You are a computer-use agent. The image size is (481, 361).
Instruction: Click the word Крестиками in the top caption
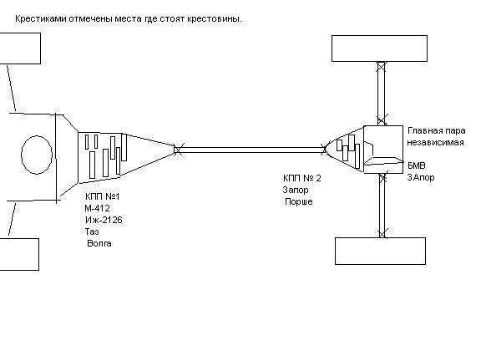40,19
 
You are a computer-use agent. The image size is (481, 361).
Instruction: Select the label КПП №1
103,196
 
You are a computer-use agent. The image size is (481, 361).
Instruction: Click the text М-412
97,208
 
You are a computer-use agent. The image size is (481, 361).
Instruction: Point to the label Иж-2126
104,220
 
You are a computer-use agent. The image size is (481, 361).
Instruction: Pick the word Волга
99,243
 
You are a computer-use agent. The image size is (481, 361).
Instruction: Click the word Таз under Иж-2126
92,231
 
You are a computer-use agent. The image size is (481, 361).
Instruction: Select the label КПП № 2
302,178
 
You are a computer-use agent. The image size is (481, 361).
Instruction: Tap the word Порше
299,201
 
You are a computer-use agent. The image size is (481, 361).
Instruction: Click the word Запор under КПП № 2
296,190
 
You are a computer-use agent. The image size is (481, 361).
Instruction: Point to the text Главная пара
436,131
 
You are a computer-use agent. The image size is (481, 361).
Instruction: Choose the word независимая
435,143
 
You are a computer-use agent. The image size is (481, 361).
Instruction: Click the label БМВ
416,165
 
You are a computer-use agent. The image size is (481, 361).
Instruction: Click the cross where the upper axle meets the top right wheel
382,66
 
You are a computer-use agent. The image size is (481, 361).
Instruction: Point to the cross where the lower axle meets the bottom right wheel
382,233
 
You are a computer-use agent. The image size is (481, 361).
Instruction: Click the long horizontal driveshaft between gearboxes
251,150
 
